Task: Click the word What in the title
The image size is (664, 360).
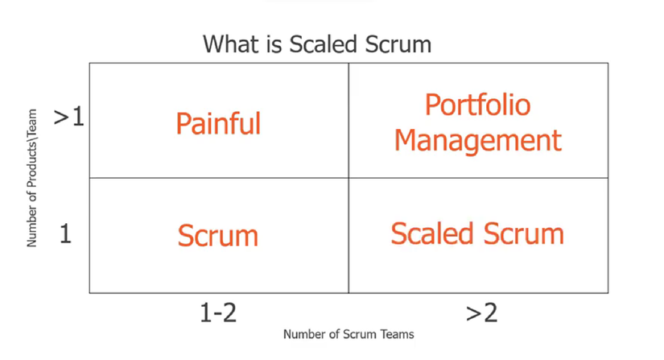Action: point(230,44)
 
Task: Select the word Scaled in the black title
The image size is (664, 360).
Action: point(324,44)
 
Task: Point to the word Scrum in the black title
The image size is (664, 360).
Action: point(398,44)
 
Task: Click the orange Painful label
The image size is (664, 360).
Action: point(218,124)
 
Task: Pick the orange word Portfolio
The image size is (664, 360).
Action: point(477,105)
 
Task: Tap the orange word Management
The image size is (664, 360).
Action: point(477,141)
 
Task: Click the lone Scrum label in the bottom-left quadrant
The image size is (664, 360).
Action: point(217,235)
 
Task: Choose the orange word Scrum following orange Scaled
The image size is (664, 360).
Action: point(524,234)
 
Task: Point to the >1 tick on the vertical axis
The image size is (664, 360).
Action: point(69,117)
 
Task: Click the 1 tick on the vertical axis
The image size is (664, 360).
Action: point(65,234)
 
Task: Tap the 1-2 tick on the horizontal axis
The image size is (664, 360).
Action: point(218,313)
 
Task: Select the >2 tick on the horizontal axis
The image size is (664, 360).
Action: point(481,313)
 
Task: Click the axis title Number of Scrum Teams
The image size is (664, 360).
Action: point(348,334)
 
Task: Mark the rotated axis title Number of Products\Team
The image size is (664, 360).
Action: point(32,178)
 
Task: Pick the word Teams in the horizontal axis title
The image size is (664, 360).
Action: point(397,334)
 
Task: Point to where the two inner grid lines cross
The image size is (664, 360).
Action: point(348,178)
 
